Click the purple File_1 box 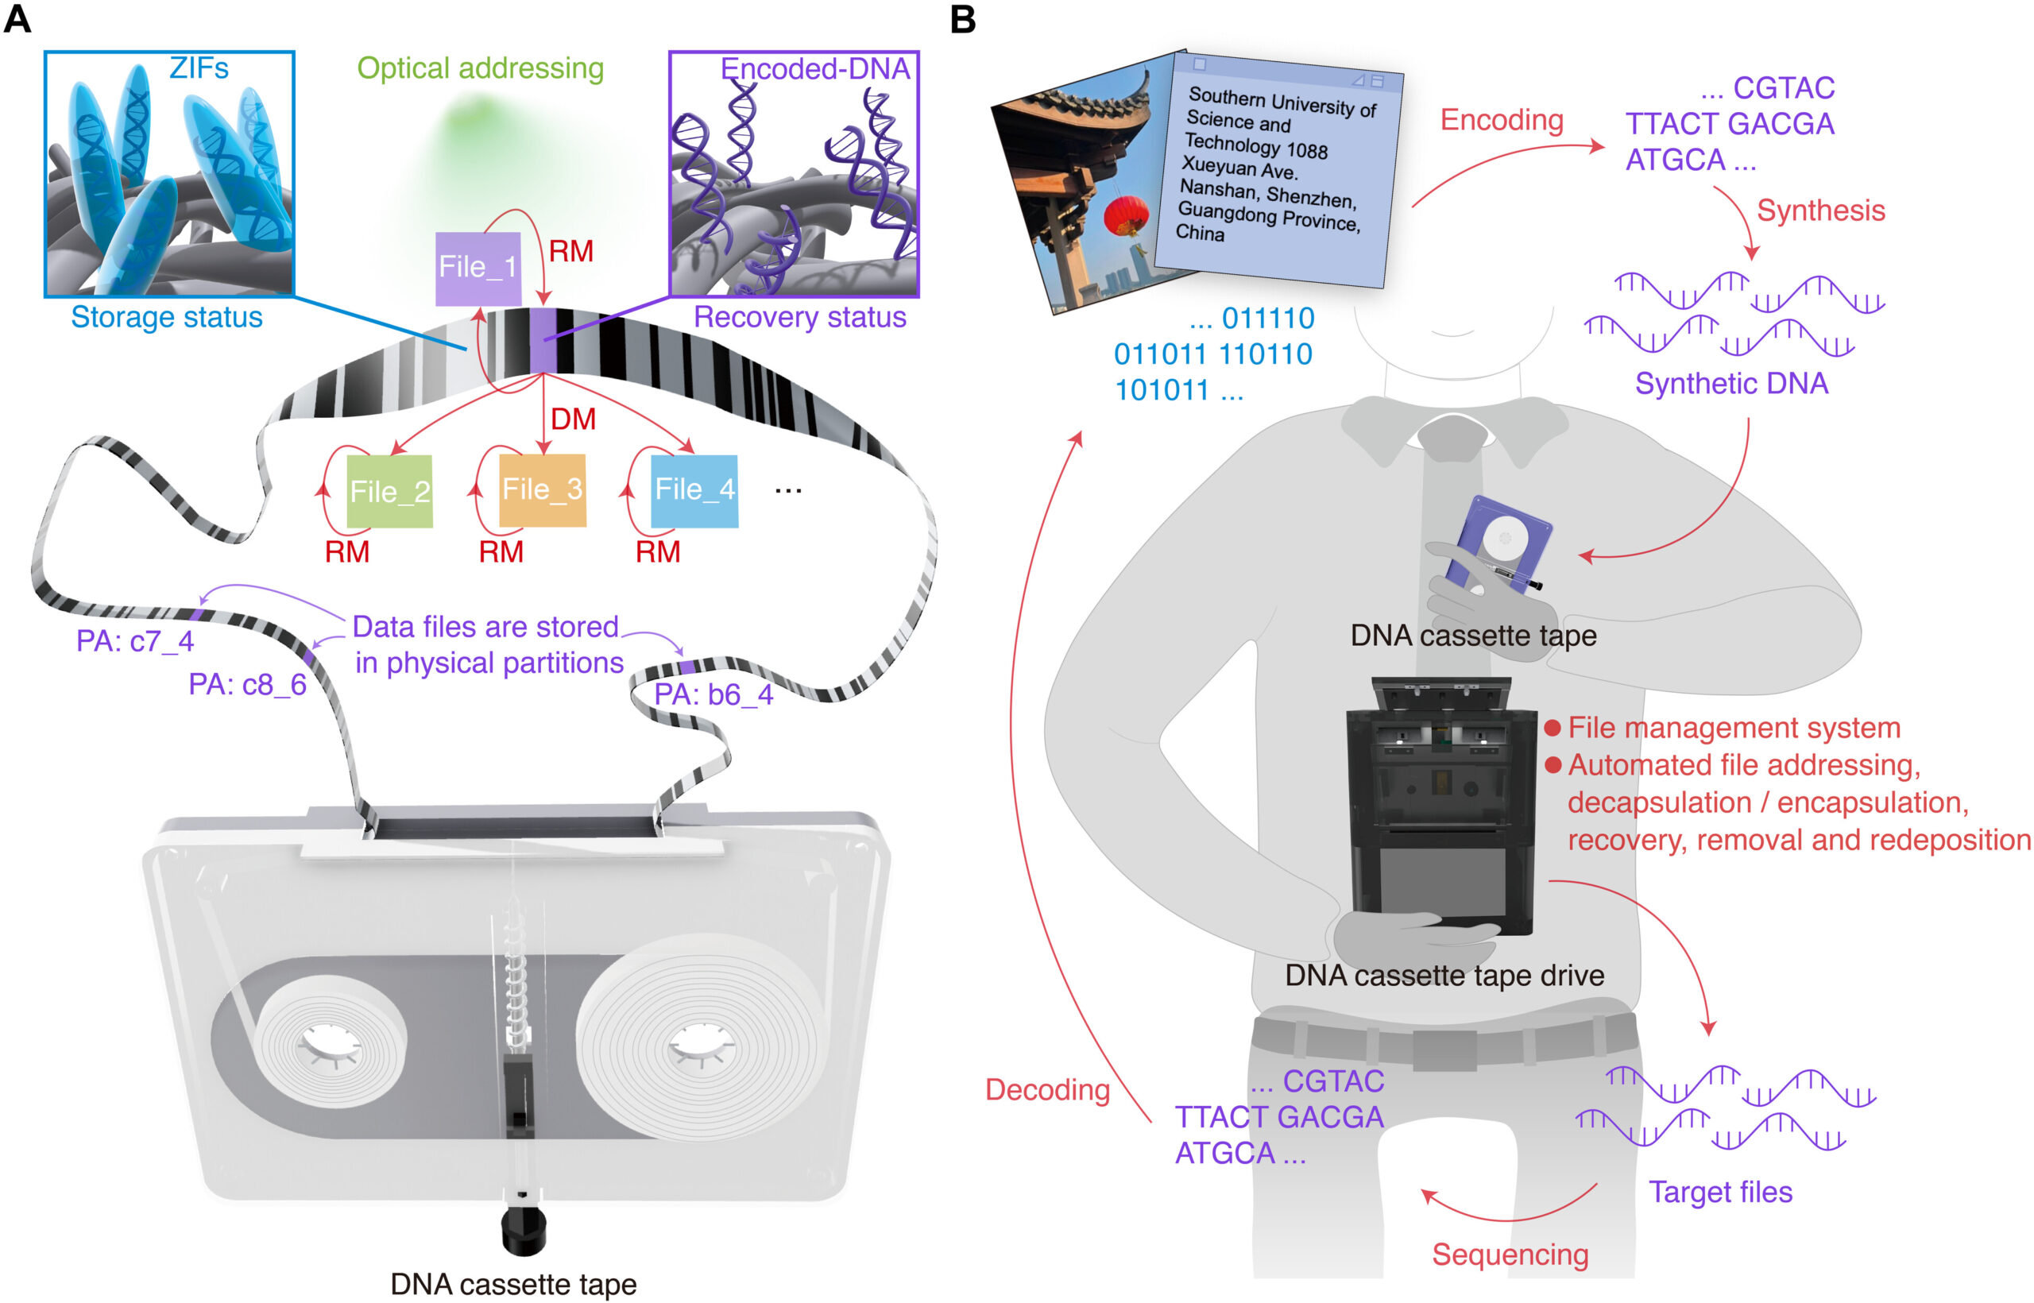click(478, 269)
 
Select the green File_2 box click(390, 492)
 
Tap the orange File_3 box click(543, 490)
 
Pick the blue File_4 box click(694, 490)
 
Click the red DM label click(573, 419)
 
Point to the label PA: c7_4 click(135, 641)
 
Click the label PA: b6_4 click(713, 694)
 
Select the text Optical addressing click(480, 68)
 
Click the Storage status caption click(167, 317)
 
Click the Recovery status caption click(799, 317)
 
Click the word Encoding click(1501, 120)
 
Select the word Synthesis click(1820, 211)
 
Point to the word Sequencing click(1510, 1254)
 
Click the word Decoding click(1046, 1090)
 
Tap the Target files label click(1720, 1192)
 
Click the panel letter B click(963, 18)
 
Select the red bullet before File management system click(1552, 728)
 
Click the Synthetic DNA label click(1731, 383)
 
